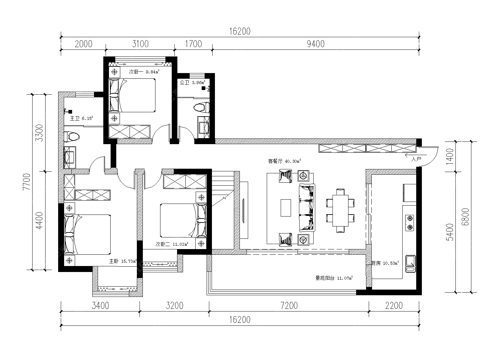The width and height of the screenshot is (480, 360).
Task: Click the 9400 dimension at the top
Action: [x=316, y=44]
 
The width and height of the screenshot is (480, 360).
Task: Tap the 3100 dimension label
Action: [x=141, y=44]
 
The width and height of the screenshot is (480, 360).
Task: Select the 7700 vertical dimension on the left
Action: [x=27, y=182]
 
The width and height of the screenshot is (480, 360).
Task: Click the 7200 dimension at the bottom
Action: [x=289, y=306]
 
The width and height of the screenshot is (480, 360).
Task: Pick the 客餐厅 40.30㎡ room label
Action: [x=284, y=161]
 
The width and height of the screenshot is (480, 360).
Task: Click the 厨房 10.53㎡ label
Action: [x=385, y=263]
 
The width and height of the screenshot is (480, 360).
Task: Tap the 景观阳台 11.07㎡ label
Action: [x=334, y=278]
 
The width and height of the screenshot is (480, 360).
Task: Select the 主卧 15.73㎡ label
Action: [x=123, y=261]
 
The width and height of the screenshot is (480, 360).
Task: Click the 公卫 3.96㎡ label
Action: [x=192, y=82]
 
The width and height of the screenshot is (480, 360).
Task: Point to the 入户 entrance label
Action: [x=416, y=159]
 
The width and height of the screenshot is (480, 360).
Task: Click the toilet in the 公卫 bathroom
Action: [x=201, y=108]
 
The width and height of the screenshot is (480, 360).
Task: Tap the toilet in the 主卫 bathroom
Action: [x=72, y=136]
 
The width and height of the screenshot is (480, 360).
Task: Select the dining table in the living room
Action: [x=340, y=211]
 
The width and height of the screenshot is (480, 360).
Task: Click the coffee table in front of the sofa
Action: [x=286, y=208]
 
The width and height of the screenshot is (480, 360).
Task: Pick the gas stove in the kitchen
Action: [x=410, y=223]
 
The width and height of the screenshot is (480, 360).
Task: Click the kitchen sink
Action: [x=411, y=264]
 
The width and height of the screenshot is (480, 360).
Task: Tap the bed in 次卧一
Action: [x=132, y=96]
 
